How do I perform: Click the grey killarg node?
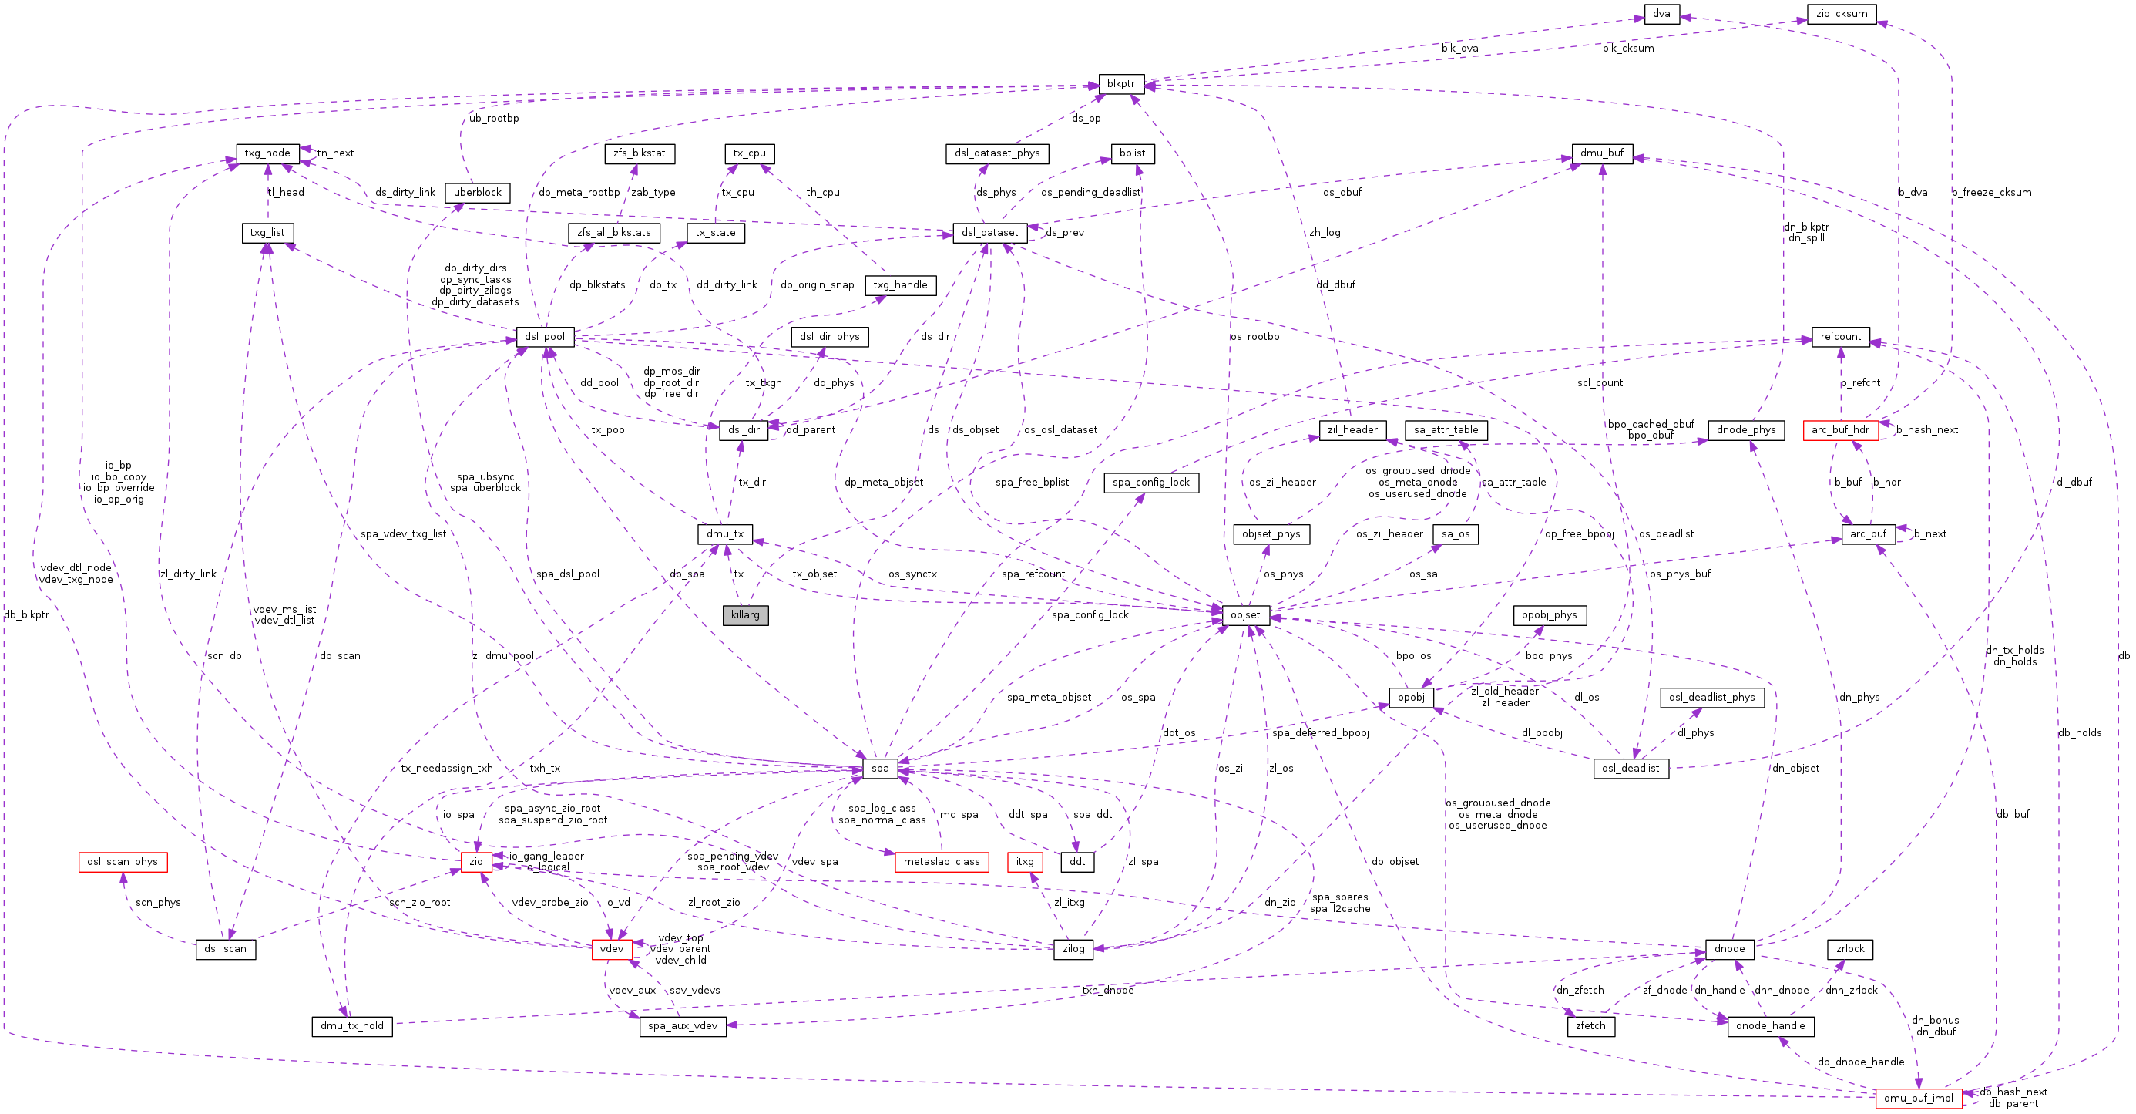pyautogui.click(x=744, y=614)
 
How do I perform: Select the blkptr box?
pyautogui.click(x=1121, y=84)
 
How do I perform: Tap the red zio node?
pyautogui.click(x=476, y=862)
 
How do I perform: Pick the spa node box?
pyautogui.click(x=880, y=768)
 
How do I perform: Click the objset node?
pyautogui.click(x=1245, y=614)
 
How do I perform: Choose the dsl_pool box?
pyautogui.click(x=545, y=337)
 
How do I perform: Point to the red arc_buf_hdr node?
pyautogui.click(x=1840, y=429)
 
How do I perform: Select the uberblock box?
pyautogui.click(x=478, y=193)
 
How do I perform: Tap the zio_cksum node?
pyautogui.click(x=1841, y=14)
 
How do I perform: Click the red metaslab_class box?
pyautogui.click(x=941, y=862)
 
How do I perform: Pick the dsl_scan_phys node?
pyautogui.click(x=122, y=862)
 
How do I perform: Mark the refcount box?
pyautogui.click(x=1840, y=337)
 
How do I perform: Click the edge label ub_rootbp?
pyautogui.click(x=494, y=119)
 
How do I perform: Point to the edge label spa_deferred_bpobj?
pyautogui.click(x=1320, y=732)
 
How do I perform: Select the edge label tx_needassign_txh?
pyautogui.click(x=446, y=768)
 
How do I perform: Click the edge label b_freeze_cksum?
pyautogui.click(x=1991, y=193)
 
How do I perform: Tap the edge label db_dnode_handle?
pyautogui.click(x=1861, y=1062)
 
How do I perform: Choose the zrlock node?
pyautogui.click(x=1849, y=949)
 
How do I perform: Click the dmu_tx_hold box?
pyautogui.click(x=351, y=1026)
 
